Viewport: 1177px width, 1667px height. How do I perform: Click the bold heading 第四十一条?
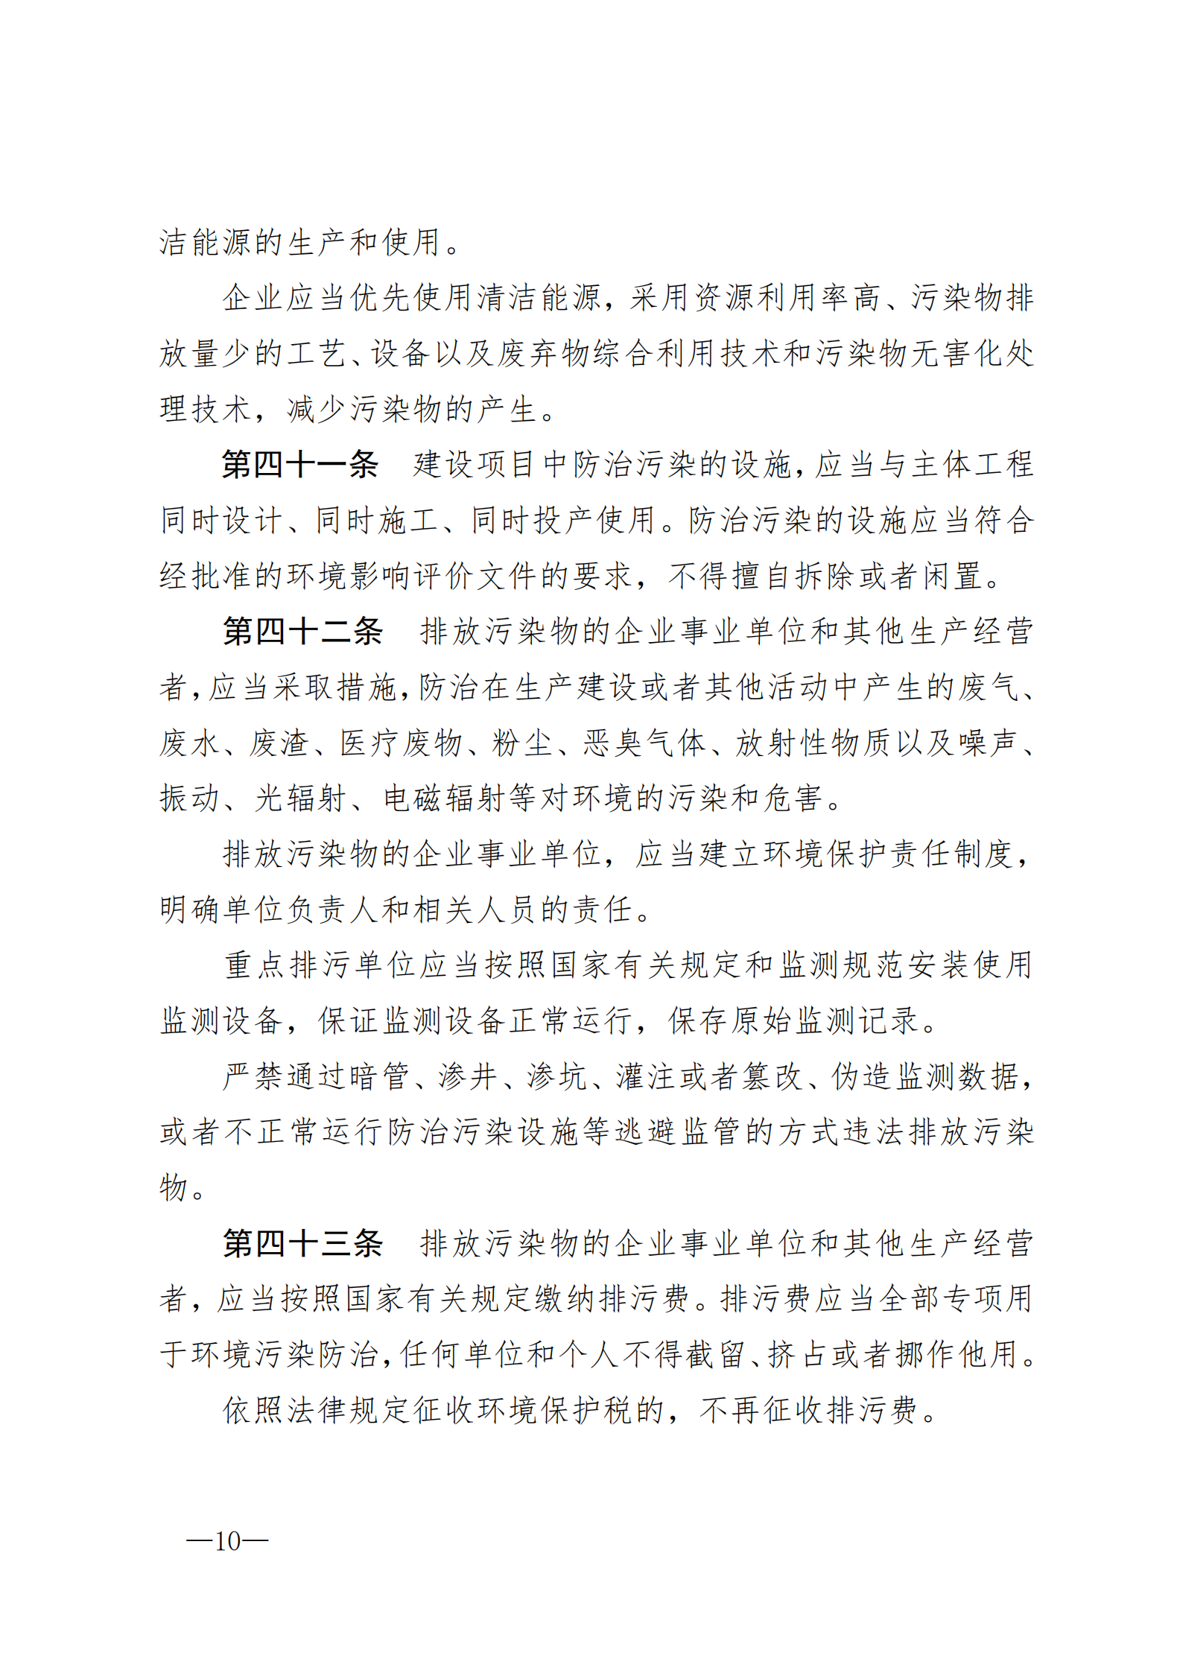299,465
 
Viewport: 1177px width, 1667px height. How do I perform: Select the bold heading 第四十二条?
302,632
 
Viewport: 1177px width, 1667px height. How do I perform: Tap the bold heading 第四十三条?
302,1244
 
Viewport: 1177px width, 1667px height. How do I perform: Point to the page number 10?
227,1541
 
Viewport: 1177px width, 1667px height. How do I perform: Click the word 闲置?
953,576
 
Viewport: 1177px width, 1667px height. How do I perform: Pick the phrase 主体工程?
969,465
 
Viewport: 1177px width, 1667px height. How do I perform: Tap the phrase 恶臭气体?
644,743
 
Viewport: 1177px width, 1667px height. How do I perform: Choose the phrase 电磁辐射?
445,798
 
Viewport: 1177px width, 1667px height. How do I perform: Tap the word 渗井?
468,1076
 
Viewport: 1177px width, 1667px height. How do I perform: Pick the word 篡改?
772,1076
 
